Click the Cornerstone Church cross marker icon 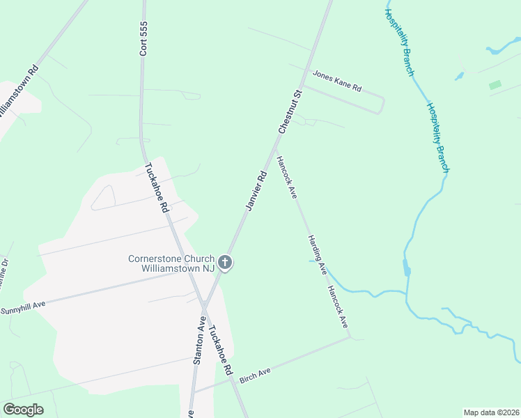224,263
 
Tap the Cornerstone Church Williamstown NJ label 172,263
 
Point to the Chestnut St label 290,111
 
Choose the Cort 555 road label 143,38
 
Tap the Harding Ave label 318,254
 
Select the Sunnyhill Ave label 23,307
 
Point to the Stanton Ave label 199,341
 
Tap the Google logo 23,410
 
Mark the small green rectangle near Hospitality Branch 495,85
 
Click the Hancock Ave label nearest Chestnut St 286,178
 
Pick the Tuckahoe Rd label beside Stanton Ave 220,352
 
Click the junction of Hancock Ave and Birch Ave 350,338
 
